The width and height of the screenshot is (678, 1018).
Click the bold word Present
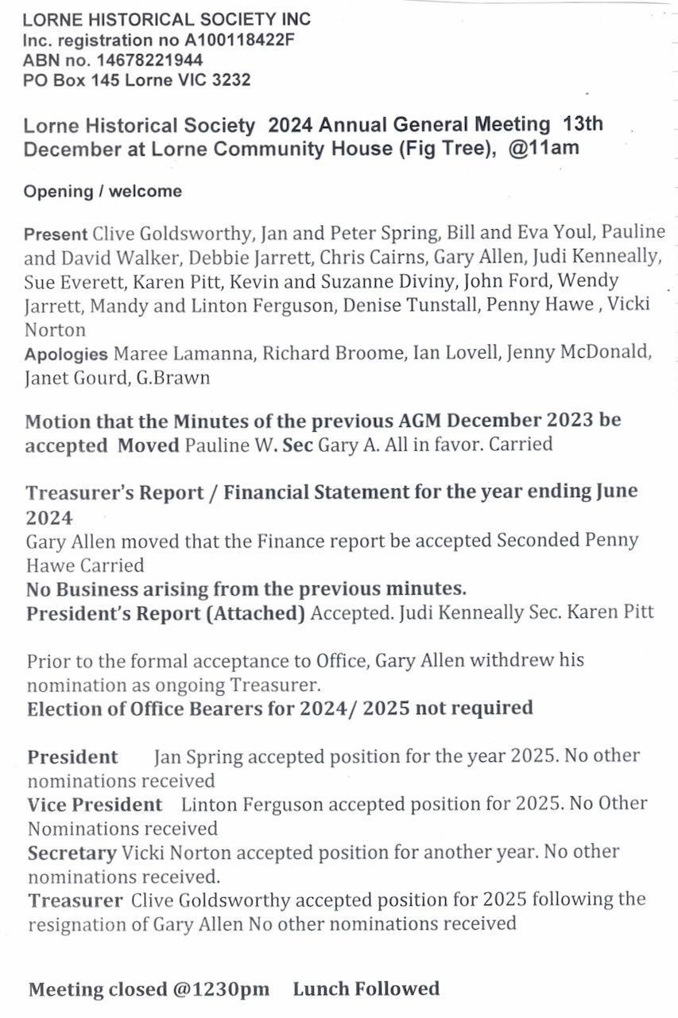(x=56, y=235)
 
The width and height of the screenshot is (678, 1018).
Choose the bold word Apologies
(x=66, y=354)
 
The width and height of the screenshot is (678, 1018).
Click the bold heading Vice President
(x=95, y=804)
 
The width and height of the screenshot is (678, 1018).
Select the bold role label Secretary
(x=72, y=853)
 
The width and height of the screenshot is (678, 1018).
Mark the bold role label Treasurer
(x=76, y=900)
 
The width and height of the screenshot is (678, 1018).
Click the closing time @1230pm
(x=219, y=989)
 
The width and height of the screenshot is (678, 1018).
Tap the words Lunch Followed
(x=366, y=989)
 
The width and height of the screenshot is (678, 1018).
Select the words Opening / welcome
(x=103, y=192)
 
